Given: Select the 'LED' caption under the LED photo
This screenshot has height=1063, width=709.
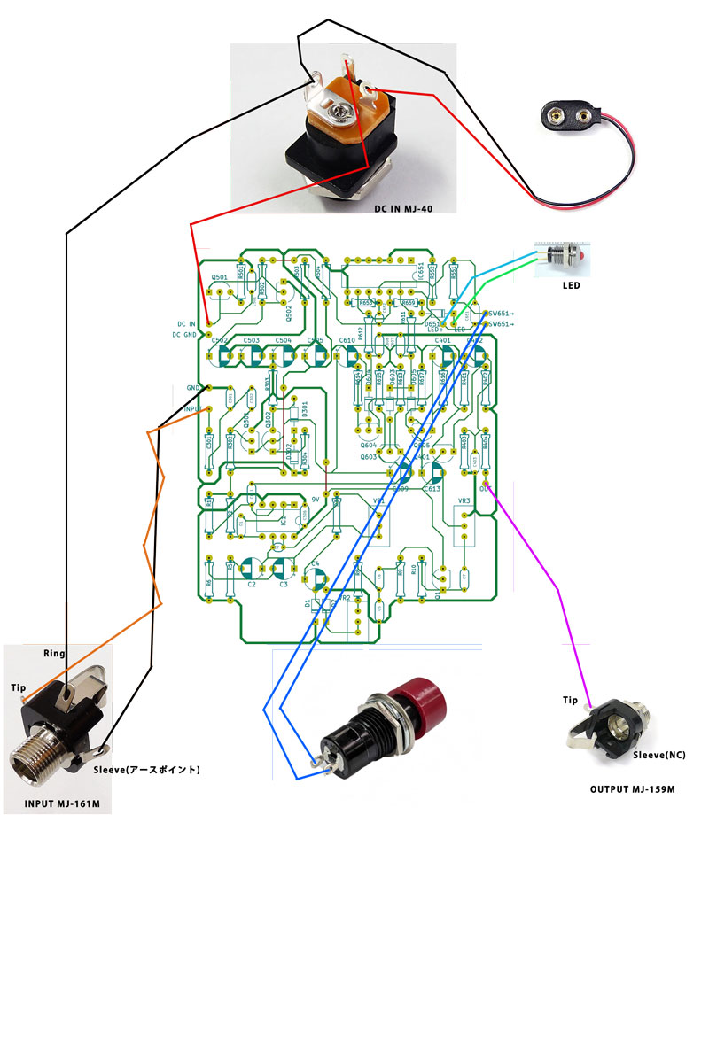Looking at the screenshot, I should (x=572, y=286).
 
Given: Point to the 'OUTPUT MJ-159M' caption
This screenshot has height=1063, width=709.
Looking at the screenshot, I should (x=633, y=788).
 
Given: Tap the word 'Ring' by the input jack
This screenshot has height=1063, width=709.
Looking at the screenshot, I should (x=55, y=654).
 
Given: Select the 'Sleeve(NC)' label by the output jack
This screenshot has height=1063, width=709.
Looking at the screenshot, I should (x=658, y=755).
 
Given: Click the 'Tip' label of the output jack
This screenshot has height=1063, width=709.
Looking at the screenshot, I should (x=570, y=701).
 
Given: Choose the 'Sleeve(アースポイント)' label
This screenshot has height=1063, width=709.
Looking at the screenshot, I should (x=146, y=770).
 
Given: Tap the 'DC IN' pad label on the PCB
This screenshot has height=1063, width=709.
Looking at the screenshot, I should (x=186, y=324).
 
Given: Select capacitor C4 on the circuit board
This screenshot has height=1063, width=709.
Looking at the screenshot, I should (x=315, y=578).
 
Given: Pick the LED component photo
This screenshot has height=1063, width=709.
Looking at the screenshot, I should (x=561, y=257).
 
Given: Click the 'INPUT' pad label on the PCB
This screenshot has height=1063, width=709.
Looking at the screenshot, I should (x=193, y=409).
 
